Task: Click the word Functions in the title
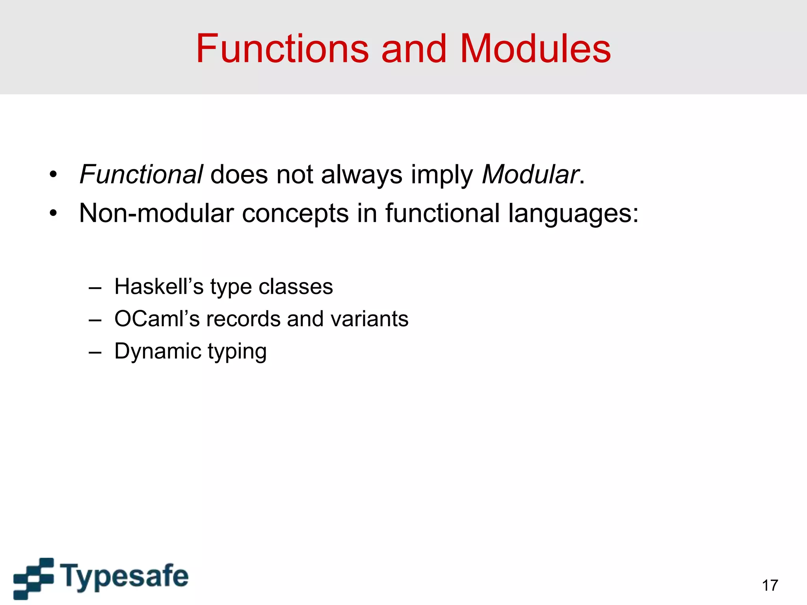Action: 282,49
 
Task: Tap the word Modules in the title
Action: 535,49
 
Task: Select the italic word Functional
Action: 141,174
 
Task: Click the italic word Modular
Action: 530,174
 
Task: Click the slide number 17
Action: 770,585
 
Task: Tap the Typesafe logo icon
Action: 33,578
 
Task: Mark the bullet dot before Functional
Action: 53,174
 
